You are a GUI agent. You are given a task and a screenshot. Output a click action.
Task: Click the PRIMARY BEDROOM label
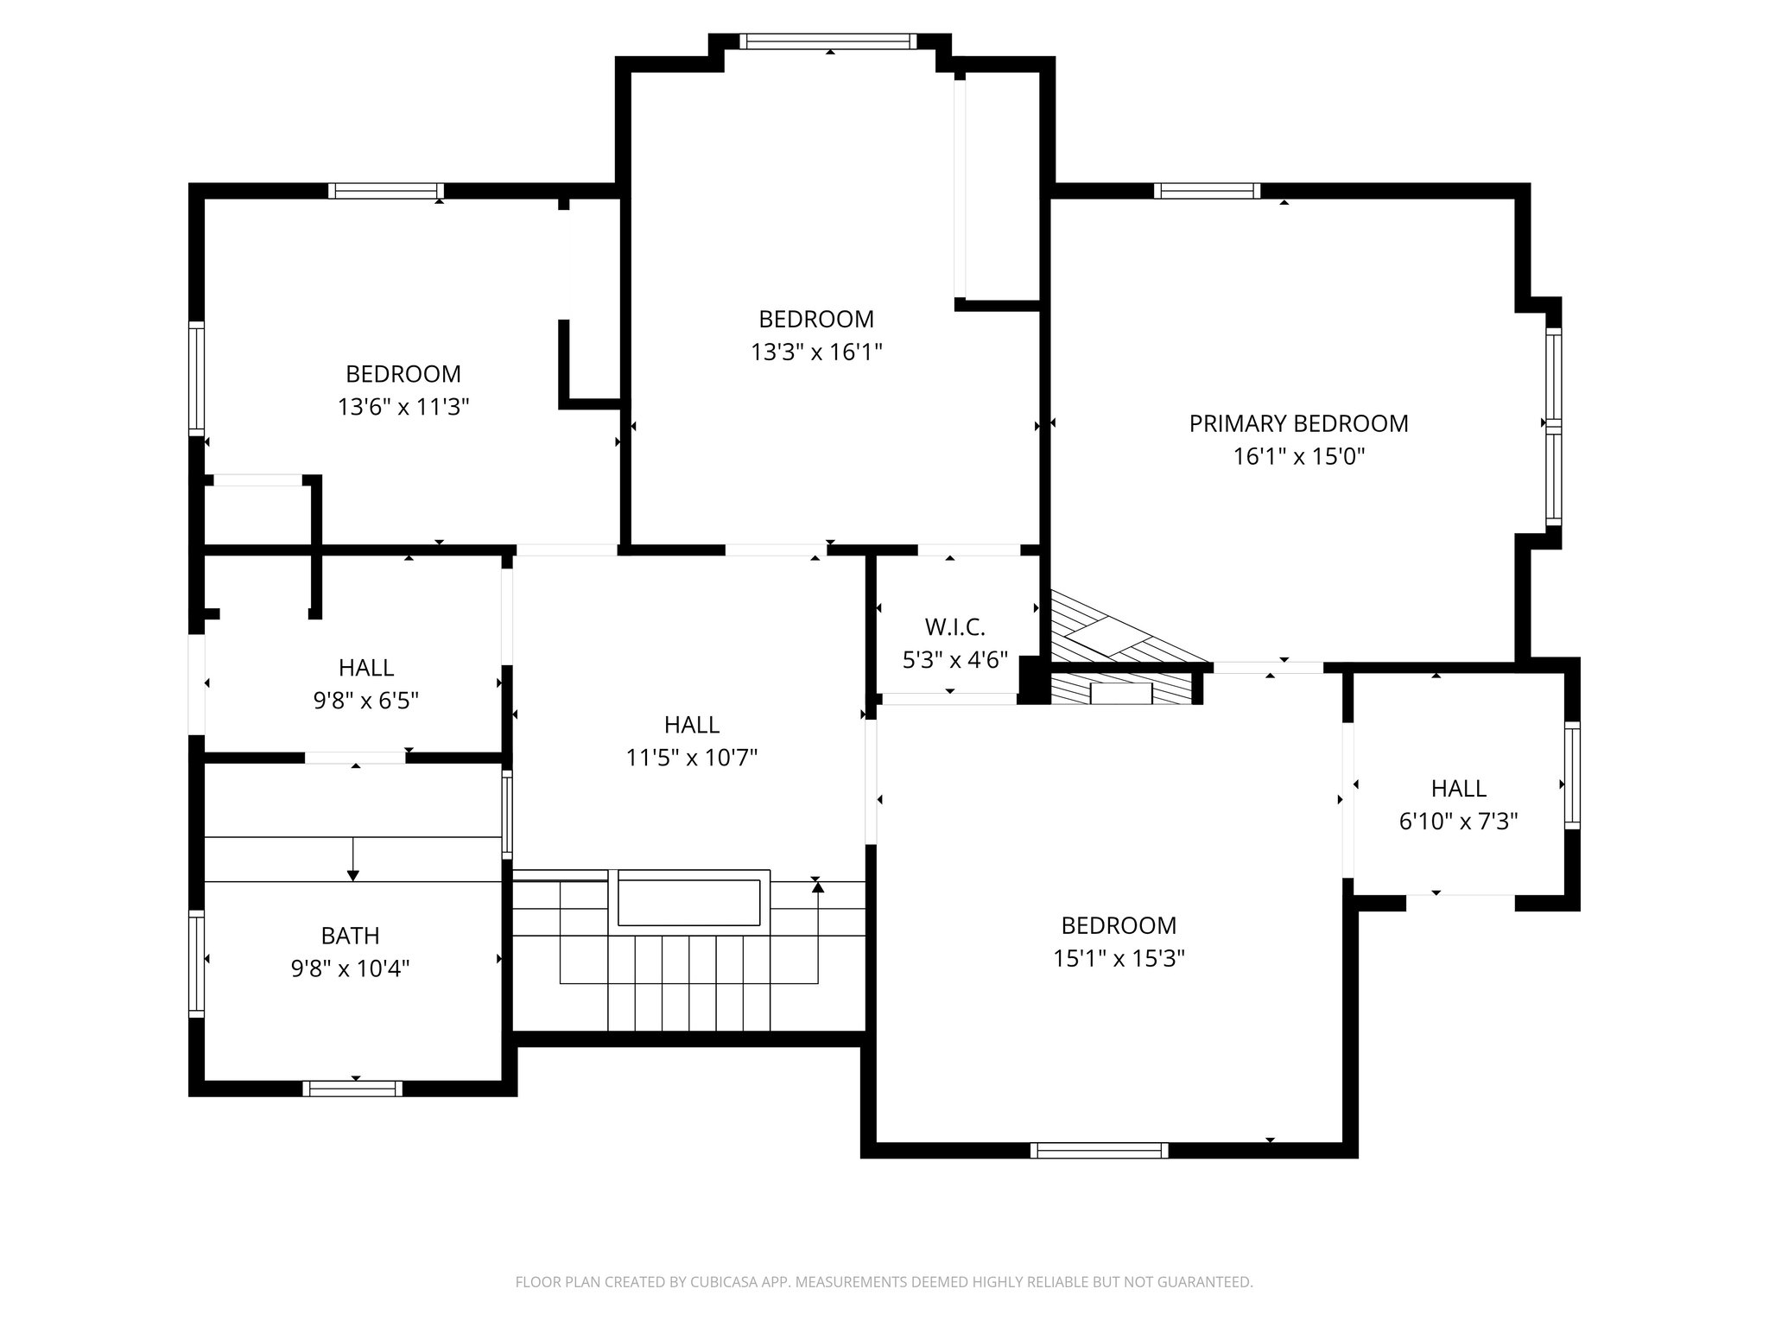point(1298,423)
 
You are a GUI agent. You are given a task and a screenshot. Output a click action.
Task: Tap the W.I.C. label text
point(954,627)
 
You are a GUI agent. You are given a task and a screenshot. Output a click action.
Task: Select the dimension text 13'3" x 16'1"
point(816,352)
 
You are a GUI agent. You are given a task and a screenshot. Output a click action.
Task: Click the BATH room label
point(350,936)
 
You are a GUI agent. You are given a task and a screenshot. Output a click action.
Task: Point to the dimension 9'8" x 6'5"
point(365,701)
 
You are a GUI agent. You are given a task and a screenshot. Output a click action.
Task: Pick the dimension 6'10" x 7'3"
point(1458,822)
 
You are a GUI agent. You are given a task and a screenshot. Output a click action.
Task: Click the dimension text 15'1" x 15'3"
point(1119,959)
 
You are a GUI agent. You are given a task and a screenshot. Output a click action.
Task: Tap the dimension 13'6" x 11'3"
point(403,407)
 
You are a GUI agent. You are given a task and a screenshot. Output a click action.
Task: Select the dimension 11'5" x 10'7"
point(691,758)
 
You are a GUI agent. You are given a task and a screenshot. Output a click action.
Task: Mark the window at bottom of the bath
point(352,1089)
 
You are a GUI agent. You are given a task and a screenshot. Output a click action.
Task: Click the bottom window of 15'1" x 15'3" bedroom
point(1099,1150)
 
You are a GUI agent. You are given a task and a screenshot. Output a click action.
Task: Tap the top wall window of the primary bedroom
point(1207,191)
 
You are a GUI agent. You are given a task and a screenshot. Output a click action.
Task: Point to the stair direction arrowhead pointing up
point(817,886)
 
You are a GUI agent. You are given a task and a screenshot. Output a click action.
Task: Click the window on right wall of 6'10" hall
point(1572,775)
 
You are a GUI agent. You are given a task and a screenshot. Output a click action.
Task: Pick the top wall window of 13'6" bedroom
point(385,191)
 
